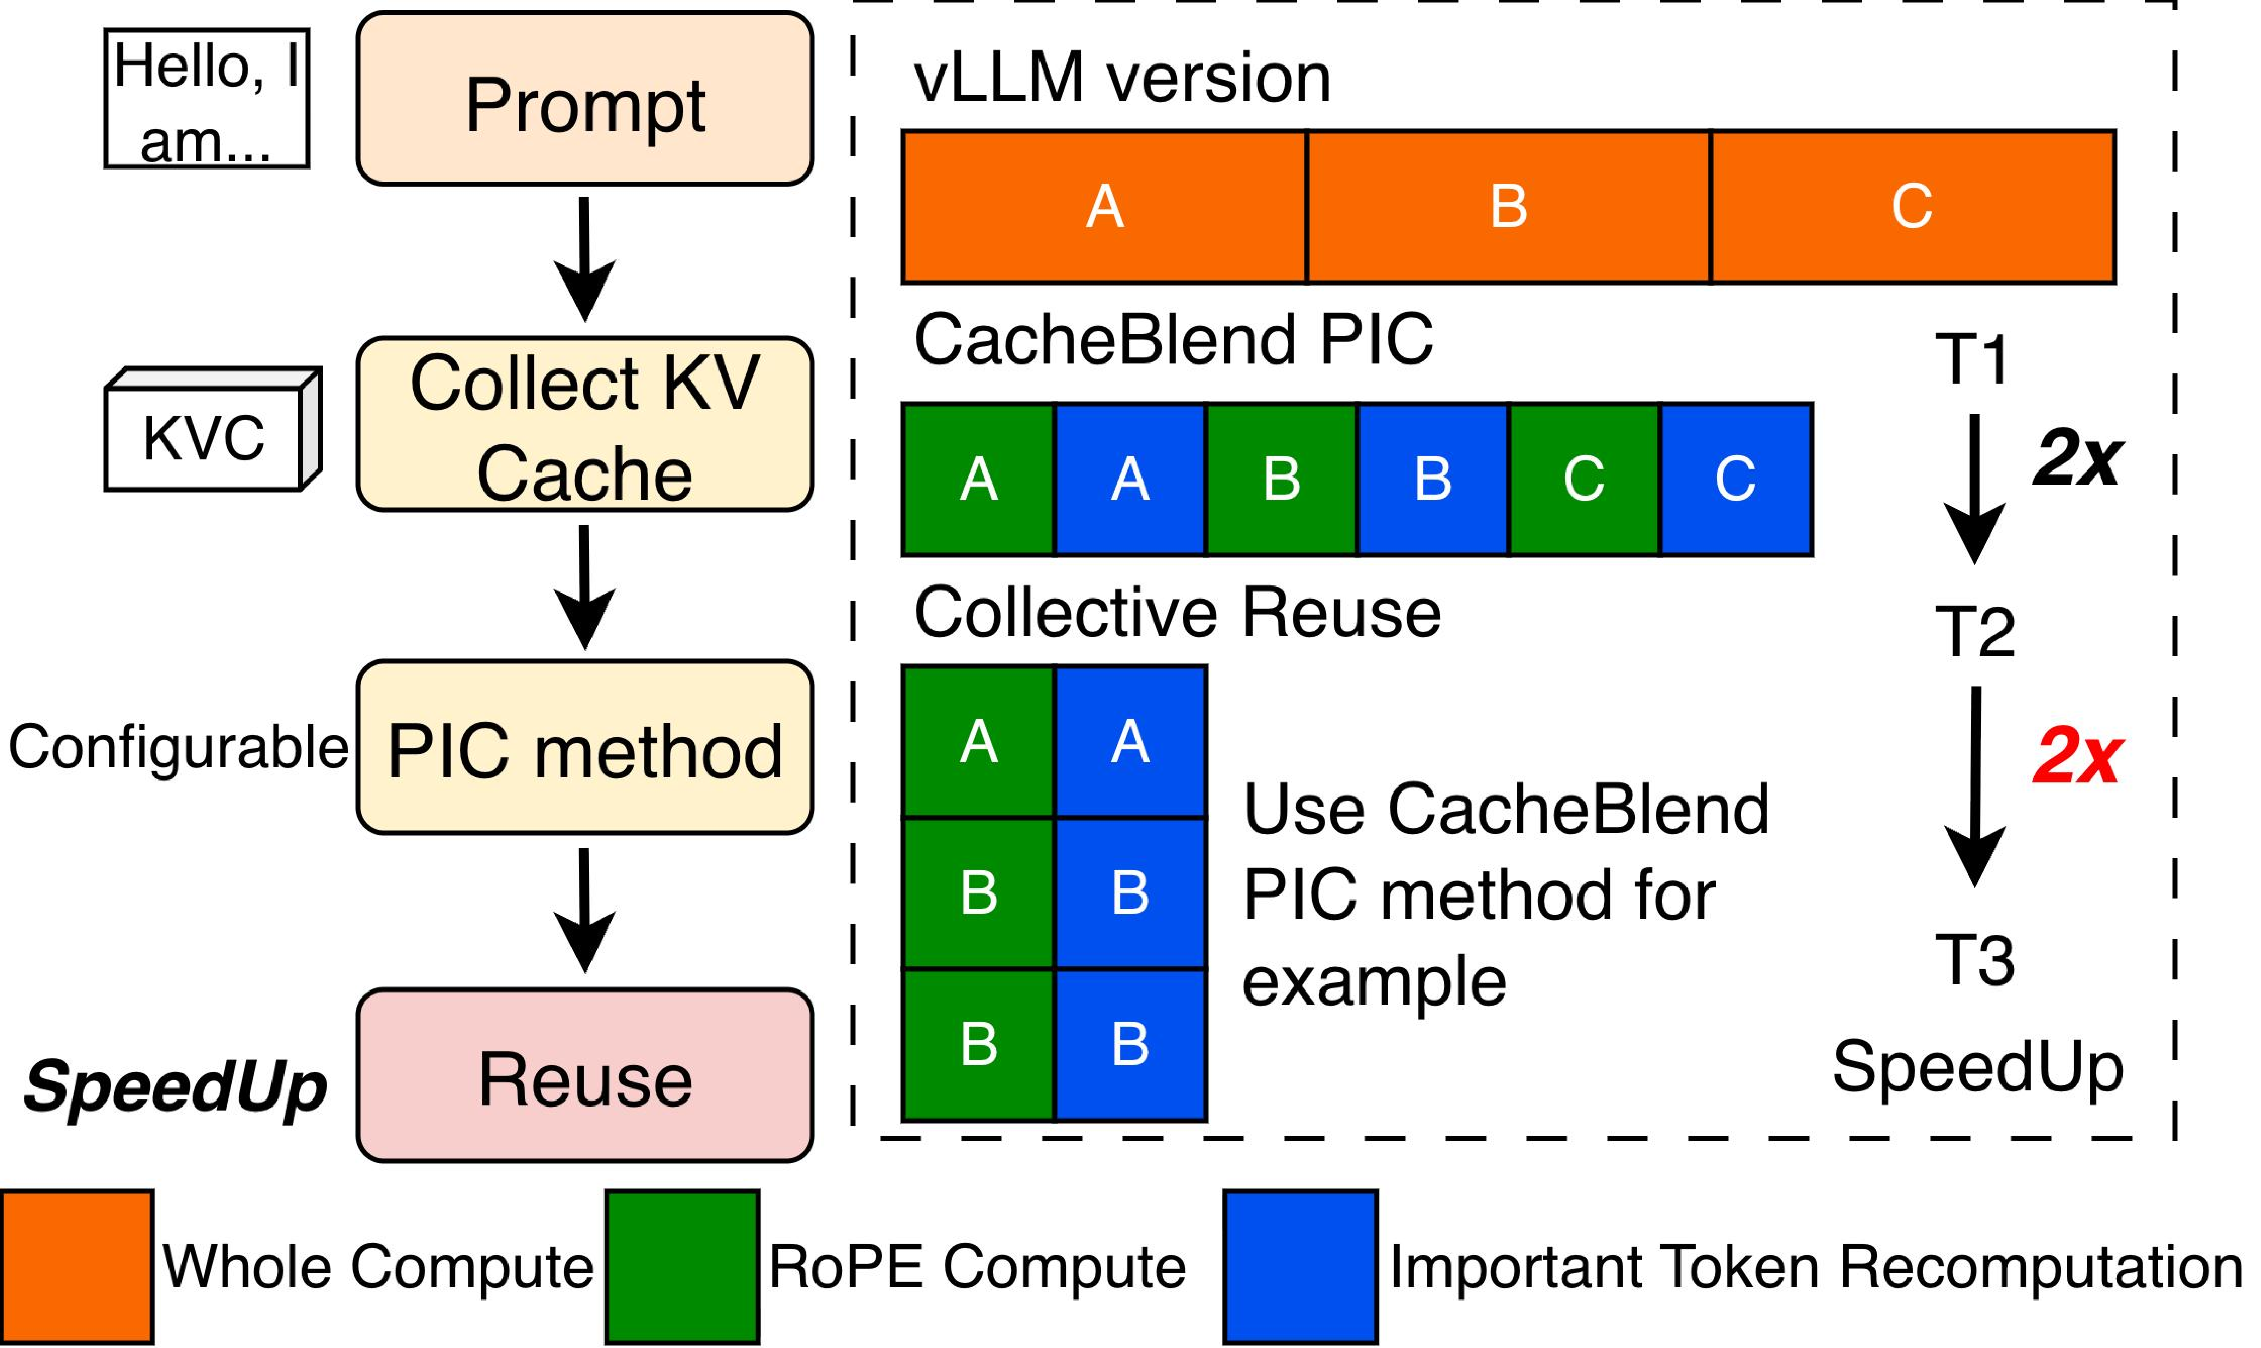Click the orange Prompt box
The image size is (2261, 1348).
tap(585, 98)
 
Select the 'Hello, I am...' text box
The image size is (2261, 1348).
tap(207, 98)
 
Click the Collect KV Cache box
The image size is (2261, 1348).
tap(585, 424)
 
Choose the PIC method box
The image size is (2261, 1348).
tap(585, 748)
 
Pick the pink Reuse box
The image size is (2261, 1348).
tap(585, 1076)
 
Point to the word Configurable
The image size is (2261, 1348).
tap(178, 748)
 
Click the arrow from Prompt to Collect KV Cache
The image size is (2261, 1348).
tap(585, 259)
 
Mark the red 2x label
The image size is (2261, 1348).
tap(2077, 756)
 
